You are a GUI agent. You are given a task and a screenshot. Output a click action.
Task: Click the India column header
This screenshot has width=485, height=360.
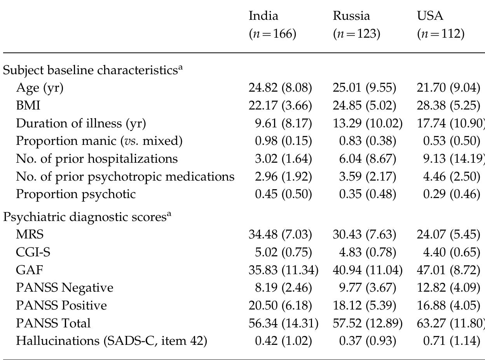tap(263, 16)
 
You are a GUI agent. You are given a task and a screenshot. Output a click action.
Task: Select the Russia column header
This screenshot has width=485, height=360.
tap(351, 16)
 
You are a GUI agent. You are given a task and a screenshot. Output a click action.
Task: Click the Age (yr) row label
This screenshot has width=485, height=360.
tap(39, 88)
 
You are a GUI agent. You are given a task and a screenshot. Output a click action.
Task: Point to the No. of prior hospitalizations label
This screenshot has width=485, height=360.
tap(97, 158)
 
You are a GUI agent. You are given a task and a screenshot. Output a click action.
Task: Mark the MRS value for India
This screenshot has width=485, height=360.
tap(280, 235)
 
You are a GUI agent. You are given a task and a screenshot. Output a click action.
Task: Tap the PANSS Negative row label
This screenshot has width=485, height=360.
tap(65, 288)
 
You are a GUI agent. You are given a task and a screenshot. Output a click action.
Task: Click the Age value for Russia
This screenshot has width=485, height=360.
tap(364, 88)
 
